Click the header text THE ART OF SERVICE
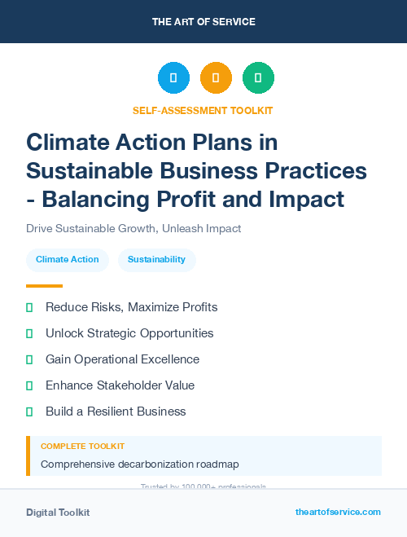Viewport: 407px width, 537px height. [x=203, y=22]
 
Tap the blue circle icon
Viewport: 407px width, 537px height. [x=173, y=78]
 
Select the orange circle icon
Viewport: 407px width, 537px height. [x=216, y=78]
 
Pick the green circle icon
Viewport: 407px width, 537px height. [x=258, y=78]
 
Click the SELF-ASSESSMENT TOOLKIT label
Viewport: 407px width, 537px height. [x=203, y=110]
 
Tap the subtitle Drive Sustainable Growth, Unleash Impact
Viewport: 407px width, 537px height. [x=133, y=228]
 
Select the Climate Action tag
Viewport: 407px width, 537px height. [x=68, y=260]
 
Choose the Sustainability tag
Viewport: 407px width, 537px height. [x=156, y=260]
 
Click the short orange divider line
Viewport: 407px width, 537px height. [x=44, y=286]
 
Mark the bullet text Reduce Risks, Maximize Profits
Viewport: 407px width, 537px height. [x=131, y=307]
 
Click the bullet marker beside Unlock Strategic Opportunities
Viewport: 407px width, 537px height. [x=29, y=333]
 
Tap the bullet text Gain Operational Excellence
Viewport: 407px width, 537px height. [x=122, y=359]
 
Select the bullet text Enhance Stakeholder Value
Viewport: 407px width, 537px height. [x=120, y=385]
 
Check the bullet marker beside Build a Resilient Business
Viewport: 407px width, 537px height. [x=29, y=412]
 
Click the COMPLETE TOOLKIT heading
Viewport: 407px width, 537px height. [x=82, y=447]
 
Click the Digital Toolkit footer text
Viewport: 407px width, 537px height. [x=58, y=513]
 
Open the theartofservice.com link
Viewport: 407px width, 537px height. [x=338, y=512]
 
